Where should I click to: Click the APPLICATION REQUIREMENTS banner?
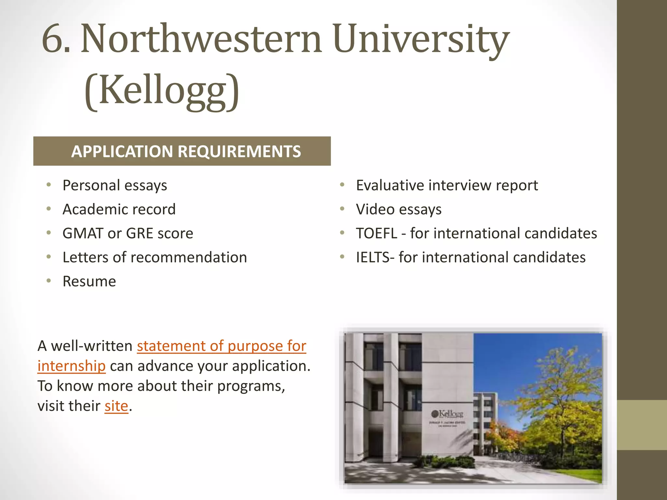182,151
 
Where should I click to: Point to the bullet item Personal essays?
115,186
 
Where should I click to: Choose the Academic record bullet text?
119,209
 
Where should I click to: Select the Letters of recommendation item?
155,257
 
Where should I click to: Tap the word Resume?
89,282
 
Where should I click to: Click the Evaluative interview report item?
447,186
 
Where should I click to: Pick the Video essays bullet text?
399,209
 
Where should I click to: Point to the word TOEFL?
376,233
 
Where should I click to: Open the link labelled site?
116,406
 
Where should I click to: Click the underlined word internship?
71,366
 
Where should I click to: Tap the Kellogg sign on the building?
447,414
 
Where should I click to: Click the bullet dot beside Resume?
49,281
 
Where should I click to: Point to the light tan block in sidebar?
642,425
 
